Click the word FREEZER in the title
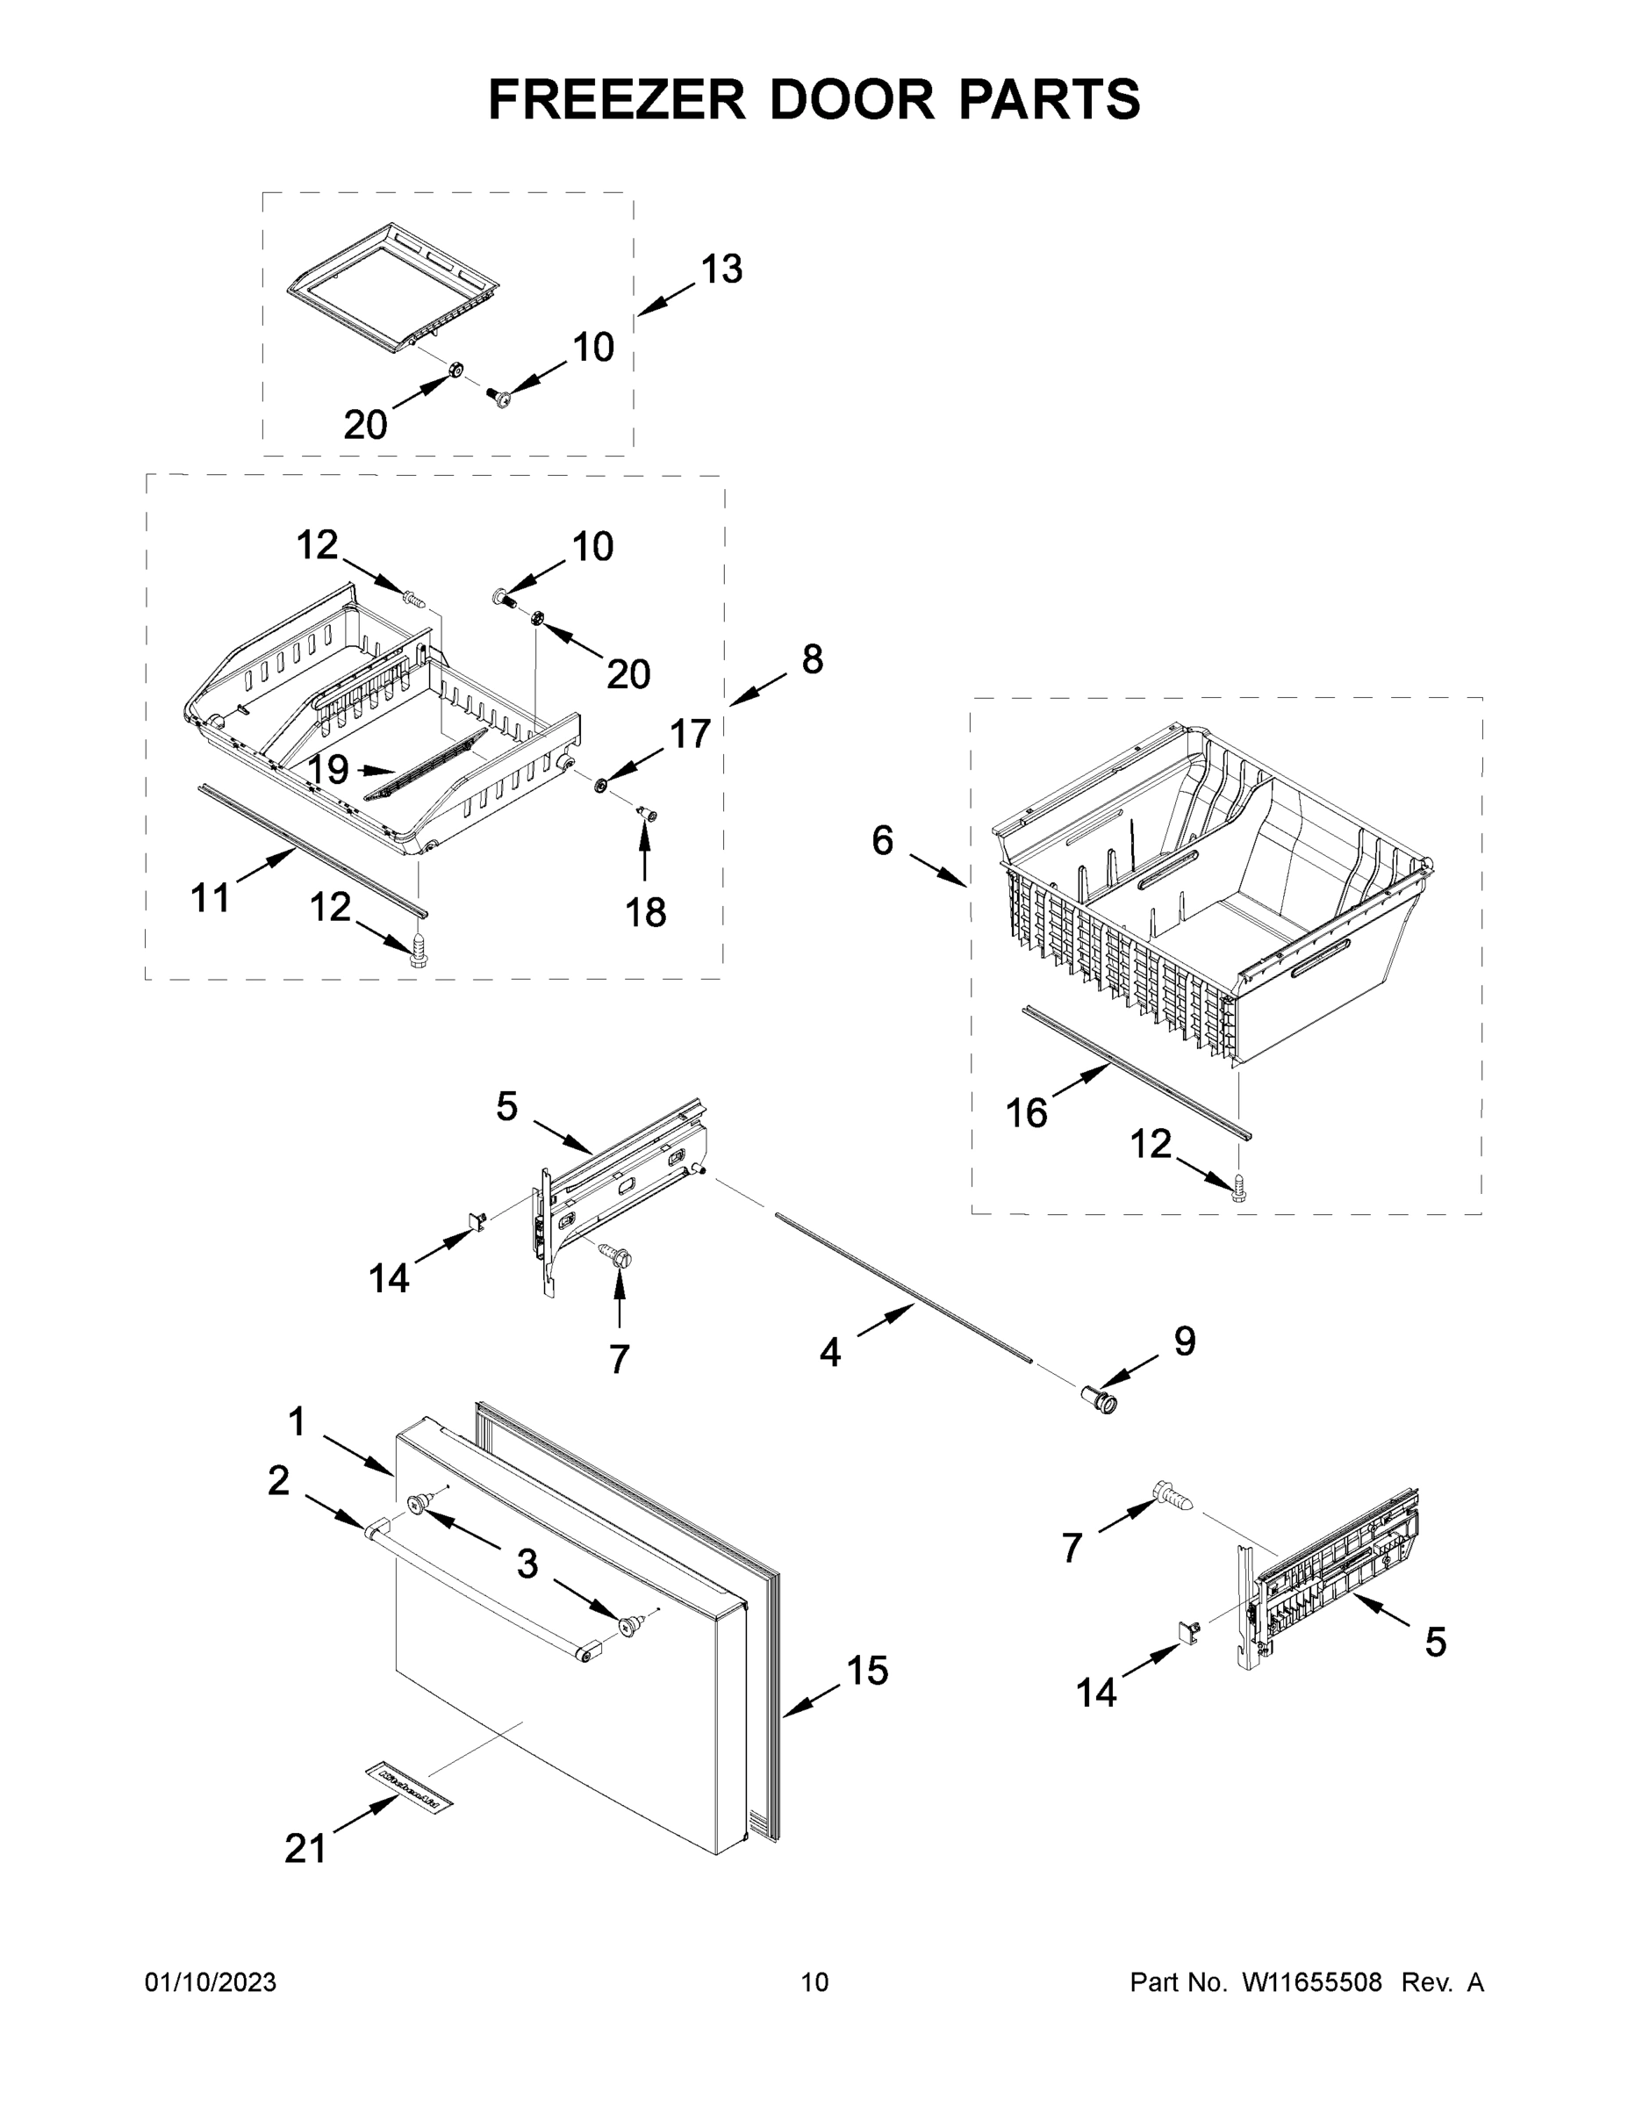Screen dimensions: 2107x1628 pos(616,99)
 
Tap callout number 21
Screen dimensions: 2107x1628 pos(305,1848)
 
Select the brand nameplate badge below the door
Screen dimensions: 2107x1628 pos(408,1787)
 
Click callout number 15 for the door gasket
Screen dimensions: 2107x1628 pos(867,1670)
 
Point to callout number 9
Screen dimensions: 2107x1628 pos(1184,1341)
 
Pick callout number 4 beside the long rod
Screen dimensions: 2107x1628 pos(829,1353)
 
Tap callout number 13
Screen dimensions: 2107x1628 pos(721,270)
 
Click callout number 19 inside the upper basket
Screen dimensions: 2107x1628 pos(328,769)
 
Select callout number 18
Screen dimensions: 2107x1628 pos(645,911)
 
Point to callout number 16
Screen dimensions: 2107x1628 pos(1026,1112)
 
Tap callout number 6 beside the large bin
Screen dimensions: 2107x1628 pos(883,840)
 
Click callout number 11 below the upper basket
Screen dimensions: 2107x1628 pos(211,898)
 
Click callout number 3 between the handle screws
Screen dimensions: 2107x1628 pos(527,1564)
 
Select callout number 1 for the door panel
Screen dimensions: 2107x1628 pos(296,1421)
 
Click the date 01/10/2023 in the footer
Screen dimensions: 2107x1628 pos(211,1982)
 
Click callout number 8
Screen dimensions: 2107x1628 pos(812,660)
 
